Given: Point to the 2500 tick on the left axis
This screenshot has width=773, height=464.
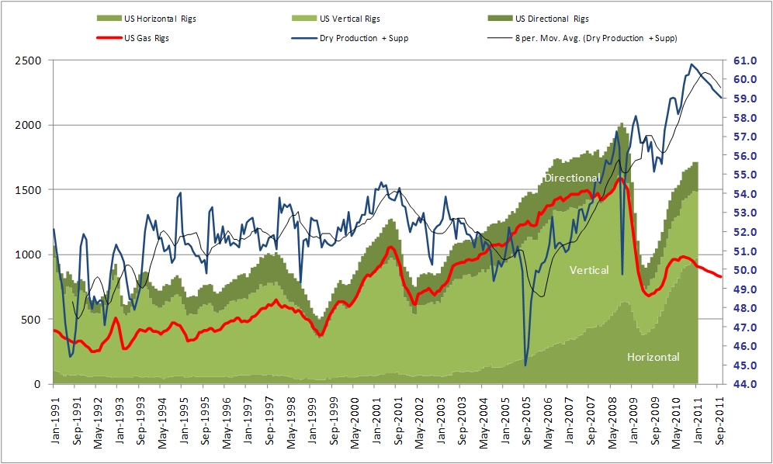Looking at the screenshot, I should (x=29, y=60).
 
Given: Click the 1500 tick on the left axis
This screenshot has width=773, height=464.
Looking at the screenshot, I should (x=29, y=189).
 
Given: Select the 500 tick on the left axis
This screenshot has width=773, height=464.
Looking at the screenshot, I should (x=33, y=319).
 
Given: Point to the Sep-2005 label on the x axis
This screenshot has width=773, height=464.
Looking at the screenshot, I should (x=525, y=422).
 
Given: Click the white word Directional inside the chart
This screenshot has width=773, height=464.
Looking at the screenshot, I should (x=572, y=178).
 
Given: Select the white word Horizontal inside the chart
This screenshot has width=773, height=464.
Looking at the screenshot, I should (x=653, y=357).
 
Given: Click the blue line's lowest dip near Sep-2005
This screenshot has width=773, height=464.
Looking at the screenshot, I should (x=525, y=365).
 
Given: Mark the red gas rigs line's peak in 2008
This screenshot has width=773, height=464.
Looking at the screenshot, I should (x=619, y=178).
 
